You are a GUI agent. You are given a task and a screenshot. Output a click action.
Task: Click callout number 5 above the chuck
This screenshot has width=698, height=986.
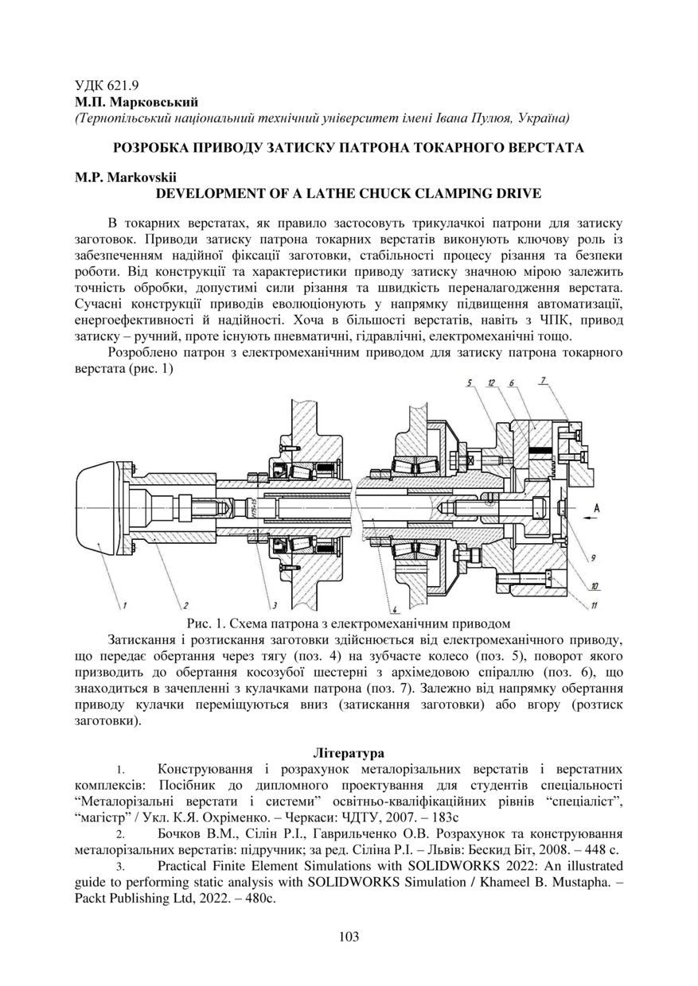[470, 383]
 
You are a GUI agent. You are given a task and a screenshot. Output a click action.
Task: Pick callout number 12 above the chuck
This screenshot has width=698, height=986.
[492, 383]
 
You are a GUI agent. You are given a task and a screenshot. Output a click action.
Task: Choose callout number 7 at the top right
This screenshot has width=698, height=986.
[543, 382]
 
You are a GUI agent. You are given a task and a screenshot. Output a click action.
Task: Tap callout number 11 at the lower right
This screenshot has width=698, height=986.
[595, 606]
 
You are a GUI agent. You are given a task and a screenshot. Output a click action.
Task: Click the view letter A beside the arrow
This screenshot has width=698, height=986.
[596, 507]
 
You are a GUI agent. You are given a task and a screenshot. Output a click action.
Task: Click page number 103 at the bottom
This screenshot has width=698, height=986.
[349, 937]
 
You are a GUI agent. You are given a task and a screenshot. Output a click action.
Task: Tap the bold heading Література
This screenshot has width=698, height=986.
[349, 752]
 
